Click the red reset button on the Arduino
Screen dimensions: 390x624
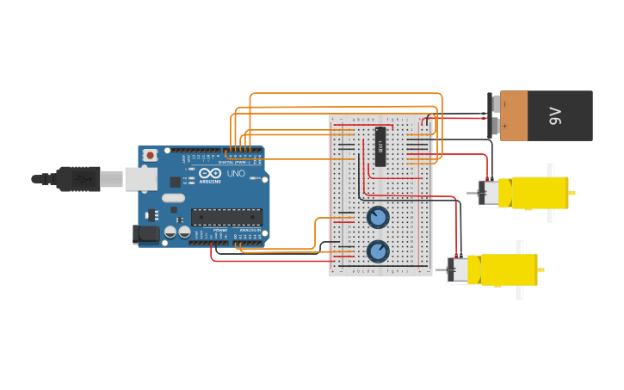pos(151,155)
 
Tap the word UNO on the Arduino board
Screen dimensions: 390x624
pos(236,173)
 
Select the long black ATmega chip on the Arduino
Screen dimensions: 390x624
pos(226,217)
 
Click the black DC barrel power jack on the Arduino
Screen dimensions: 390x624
pos(146,233)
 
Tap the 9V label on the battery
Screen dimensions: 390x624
pos(555,115)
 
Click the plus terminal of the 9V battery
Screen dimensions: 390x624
pos(494,127)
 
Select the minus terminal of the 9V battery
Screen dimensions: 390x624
pos(494,103)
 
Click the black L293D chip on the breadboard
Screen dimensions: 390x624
pos(380,146)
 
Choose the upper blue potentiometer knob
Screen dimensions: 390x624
pos(378,217)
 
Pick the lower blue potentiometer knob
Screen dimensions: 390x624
pos(378,251)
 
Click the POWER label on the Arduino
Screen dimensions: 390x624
pos(220,231)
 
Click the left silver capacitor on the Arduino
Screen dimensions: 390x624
pos(170,232)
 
